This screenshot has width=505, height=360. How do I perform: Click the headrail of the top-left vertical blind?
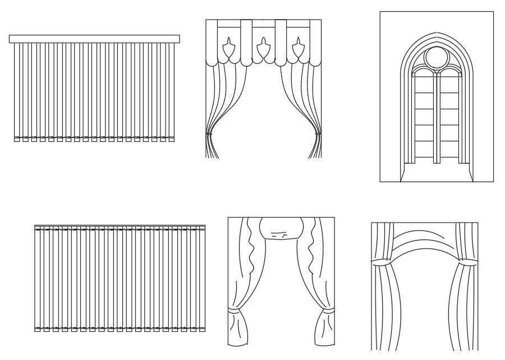[94, 39]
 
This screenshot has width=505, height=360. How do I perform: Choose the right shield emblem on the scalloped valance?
[298, 50]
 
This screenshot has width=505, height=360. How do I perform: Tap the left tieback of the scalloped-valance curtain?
[209, 135]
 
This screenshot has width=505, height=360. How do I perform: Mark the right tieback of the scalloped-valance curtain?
[318, 135]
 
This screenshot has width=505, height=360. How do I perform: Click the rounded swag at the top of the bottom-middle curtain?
[281, 232]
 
